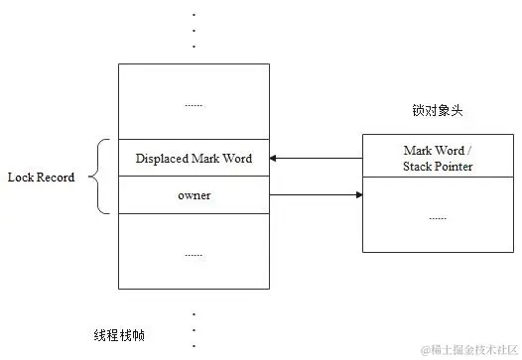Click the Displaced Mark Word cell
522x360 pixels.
click(194, 159)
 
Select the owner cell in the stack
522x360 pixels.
click(194, 195)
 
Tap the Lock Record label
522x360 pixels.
click(41, 178)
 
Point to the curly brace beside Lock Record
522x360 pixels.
click(98, 178)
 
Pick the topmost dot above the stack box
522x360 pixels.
click(194, 14)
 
